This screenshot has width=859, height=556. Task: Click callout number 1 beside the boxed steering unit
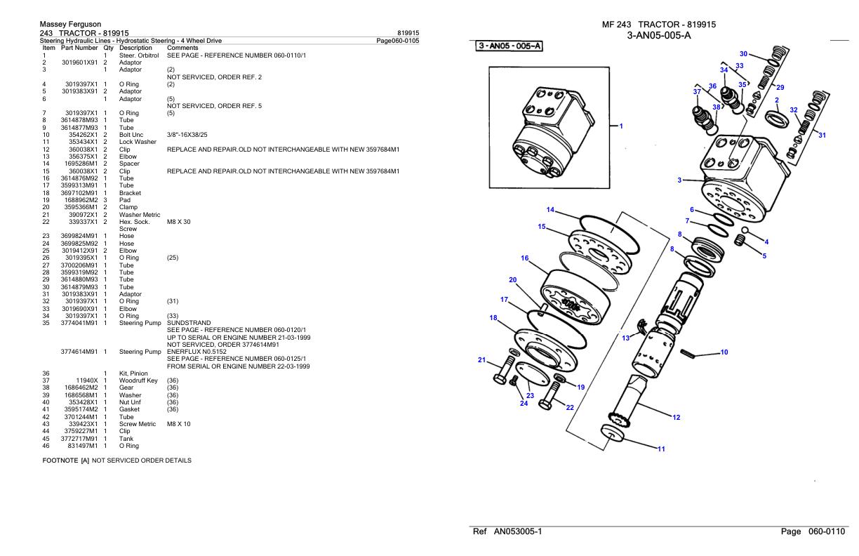[x=621, y=126]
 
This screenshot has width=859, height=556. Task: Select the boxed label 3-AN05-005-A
[x=509, y=46]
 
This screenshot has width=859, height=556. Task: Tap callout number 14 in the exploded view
[x=550, y=210]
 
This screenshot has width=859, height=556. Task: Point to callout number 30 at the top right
[x=743, y=53]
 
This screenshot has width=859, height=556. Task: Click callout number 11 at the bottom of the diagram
[x=660, y=449]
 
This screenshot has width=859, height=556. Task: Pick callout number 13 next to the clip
[x=625, y=338]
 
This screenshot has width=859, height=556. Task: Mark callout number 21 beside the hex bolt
[x=481, y=360]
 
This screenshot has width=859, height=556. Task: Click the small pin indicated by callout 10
[x=689, y=354]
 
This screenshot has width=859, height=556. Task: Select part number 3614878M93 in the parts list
[x=79, y=120]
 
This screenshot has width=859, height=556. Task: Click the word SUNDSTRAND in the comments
[x=184, y=323]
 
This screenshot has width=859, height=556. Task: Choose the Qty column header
[x=108, y=48]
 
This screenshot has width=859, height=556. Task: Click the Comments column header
[x=182, y=48]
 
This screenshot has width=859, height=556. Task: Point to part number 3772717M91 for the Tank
[x=79, y=439]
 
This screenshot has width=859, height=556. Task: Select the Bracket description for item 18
[x=130, y=192]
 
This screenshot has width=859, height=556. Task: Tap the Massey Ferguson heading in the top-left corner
[x=72, y=25]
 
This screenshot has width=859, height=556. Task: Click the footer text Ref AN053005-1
[x=507, y=532]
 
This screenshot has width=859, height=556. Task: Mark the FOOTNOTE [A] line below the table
[x=116, y=461]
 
